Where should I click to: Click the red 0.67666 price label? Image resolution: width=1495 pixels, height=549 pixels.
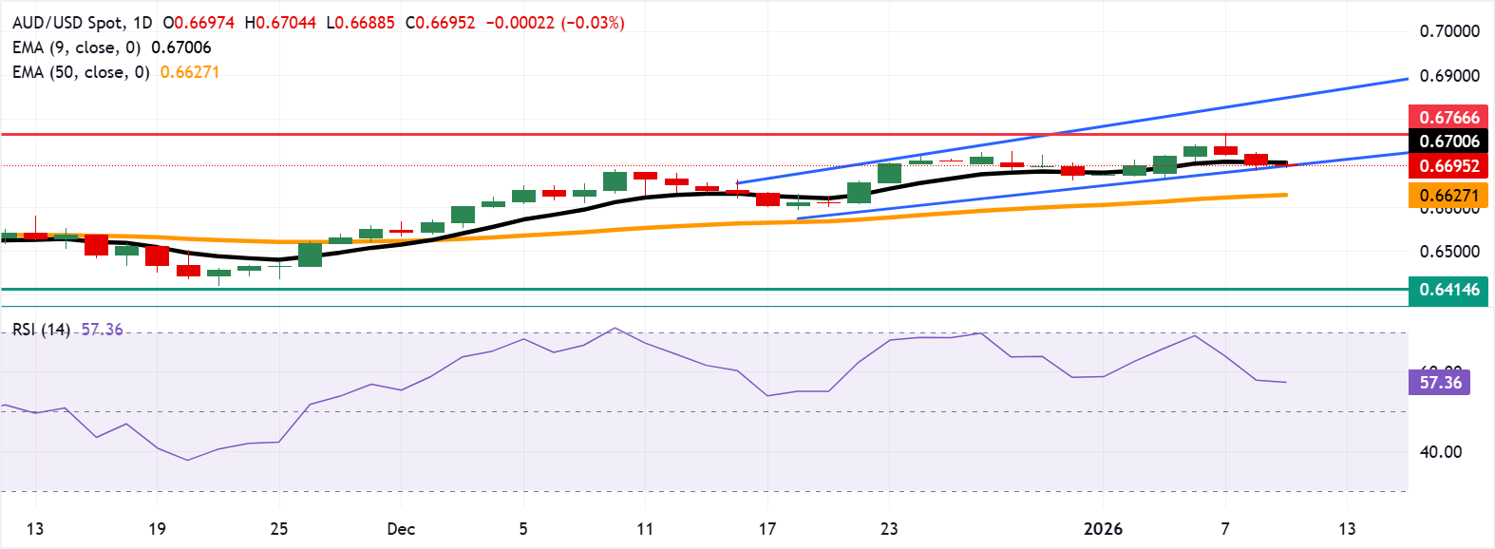point(1448,118)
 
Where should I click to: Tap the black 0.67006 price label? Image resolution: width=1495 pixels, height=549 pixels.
point(1448,142)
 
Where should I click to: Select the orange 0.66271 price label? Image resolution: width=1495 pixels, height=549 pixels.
point(1448,197)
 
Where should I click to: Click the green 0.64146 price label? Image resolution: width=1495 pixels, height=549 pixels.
point(1448,290)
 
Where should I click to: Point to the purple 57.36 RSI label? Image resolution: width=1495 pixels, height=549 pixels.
point(1440,383)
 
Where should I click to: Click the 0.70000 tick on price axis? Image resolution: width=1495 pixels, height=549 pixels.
point(1449,31)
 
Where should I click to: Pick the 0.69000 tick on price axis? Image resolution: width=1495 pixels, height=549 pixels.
point(1449,76)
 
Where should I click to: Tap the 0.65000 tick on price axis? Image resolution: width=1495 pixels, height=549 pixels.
point(1449,252)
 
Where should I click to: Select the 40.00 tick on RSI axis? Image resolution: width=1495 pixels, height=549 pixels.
point(1441,452)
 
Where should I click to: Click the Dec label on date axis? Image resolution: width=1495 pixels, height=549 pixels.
point(401,529)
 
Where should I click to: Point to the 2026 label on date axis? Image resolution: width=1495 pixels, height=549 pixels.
point(1103,529)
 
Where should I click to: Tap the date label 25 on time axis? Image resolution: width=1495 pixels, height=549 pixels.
point(278,529)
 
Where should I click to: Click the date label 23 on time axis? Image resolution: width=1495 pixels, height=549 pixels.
point(889,529)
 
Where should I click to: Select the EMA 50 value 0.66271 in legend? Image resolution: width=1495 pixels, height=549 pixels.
point(190,72)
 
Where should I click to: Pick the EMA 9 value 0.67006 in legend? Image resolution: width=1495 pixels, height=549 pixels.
point(181,47)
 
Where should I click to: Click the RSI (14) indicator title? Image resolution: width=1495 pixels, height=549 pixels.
point(42,330)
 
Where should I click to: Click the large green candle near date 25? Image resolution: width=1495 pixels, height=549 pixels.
point(310,255)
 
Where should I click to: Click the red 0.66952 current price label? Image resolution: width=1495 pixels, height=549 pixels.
point(1448,166)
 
